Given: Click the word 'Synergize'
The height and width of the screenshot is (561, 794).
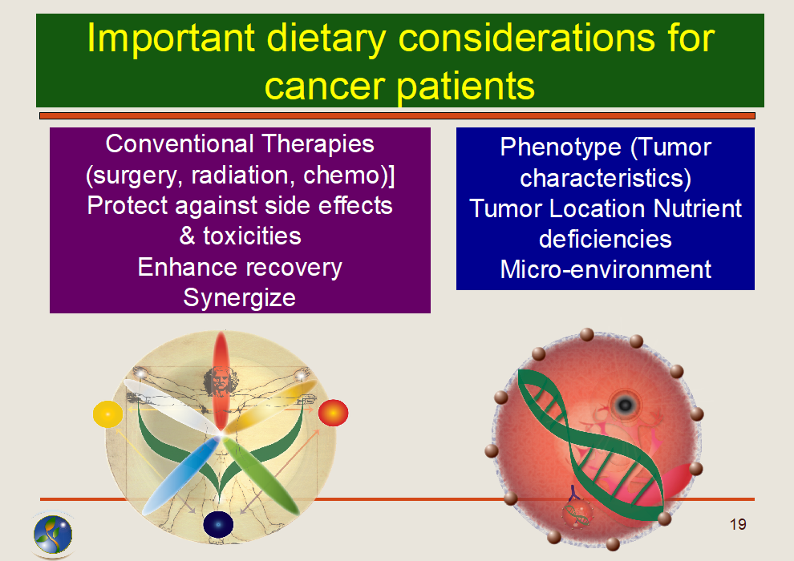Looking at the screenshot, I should (x=240, y=297).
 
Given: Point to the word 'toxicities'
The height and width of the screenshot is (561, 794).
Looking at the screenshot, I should (x=252, y=236).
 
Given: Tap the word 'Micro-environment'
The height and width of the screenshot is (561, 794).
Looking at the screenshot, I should (x=606, y=269).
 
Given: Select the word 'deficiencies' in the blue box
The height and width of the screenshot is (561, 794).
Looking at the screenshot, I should (x=606, y=239).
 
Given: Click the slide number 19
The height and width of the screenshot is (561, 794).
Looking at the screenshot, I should (x=738, y=525).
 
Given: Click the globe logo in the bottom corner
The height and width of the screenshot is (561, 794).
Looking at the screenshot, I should (x=53, y=535).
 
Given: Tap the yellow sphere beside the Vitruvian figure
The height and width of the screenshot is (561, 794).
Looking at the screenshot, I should (x=107, y=414).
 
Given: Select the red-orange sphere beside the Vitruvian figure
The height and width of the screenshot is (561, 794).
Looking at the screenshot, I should (x=333, y=413).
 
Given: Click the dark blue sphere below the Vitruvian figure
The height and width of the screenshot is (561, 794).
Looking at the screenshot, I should (x=218, y=524).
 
